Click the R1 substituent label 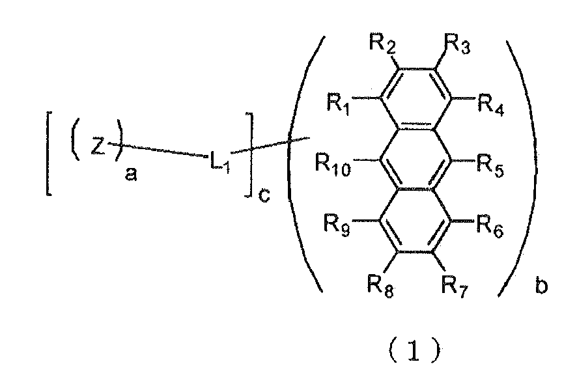339,104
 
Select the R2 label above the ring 382,44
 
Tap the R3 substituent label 457,44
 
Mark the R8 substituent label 380,285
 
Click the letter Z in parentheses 98,146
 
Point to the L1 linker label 220,161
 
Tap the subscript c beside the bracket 264,195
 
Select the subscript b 541,285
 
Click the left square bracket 48,154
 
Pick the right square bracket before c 249,155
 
